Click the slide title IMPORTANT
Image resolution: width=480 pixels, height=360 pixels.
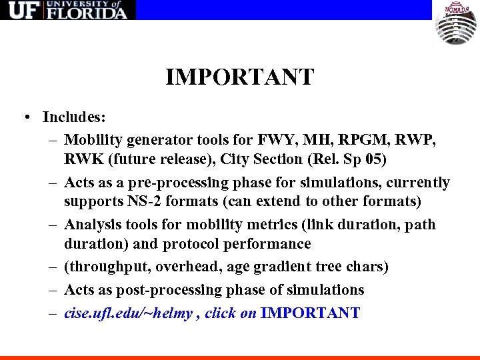tap(239, 77)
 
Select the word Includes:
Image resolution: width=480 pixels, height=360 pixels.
tap(74, 117)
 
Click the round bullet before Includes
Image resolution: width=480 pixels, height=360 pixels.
tap(24, 117)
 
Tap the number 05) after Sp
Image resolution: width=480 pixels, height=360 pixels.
tap(373, 159)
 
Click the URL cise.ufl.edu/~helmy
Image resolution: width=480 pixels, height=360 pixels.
tap(129, 313)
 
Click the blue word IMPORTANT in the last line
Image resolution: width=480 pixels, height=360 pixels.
tap(311, 313)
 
